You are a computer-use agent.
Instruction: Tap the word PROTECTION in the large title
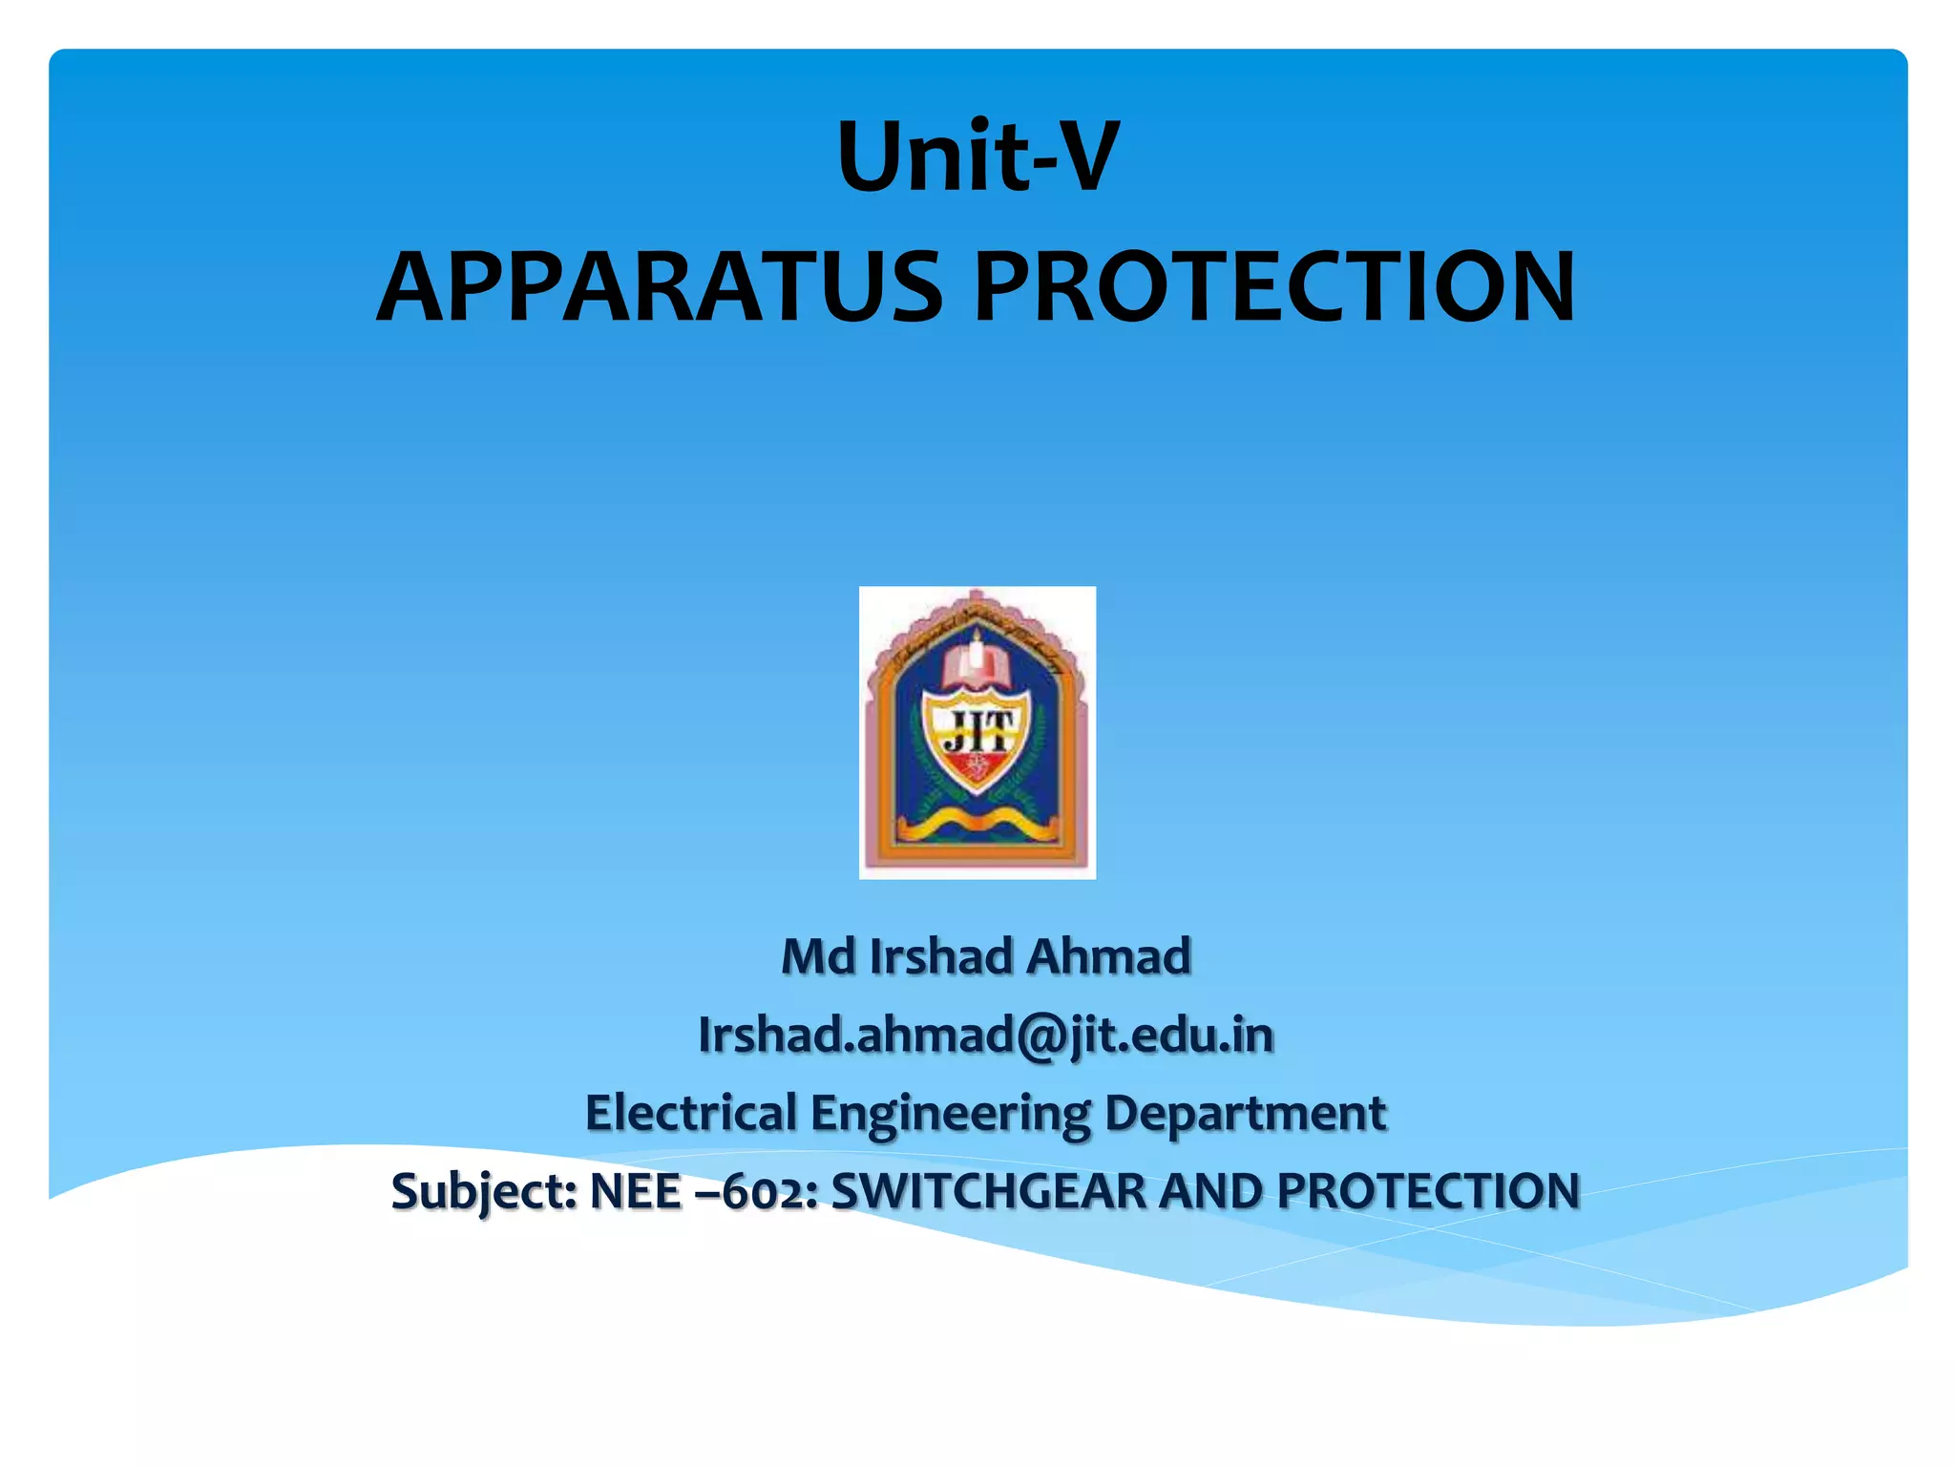point(1273,287)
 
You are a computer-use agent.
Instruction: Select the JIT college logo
point(977,732)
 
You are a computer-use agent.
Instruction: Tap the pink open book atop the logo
point(975,665)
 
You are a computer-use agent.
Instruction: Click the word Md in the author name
point(818,956)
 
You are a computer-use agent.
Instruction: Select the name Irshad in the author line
point(941,956)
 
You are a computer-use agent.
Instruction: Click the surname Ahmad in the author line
point(1109,956)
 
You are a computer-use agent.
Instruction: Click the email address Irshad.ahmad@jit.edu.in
point(986,1036)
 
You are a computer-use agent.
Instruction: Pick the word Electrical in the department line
point(691,1113)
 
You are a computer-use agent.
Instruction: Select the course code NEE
point(636,1191)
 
